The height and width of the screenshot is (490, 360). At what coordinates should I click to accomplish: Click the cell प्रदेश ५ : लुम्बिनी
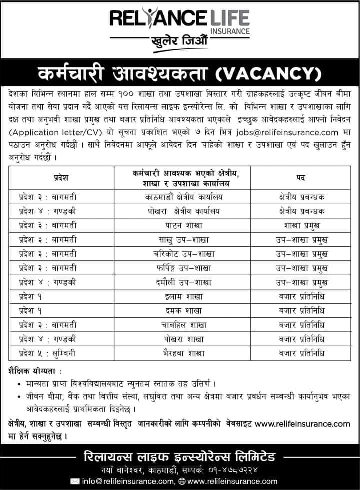pyautogui.click(x=47, y=353)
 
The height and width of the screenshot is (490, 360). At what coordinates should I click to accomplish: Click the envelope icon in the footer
pyautogui.click(x=75, y=481)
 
